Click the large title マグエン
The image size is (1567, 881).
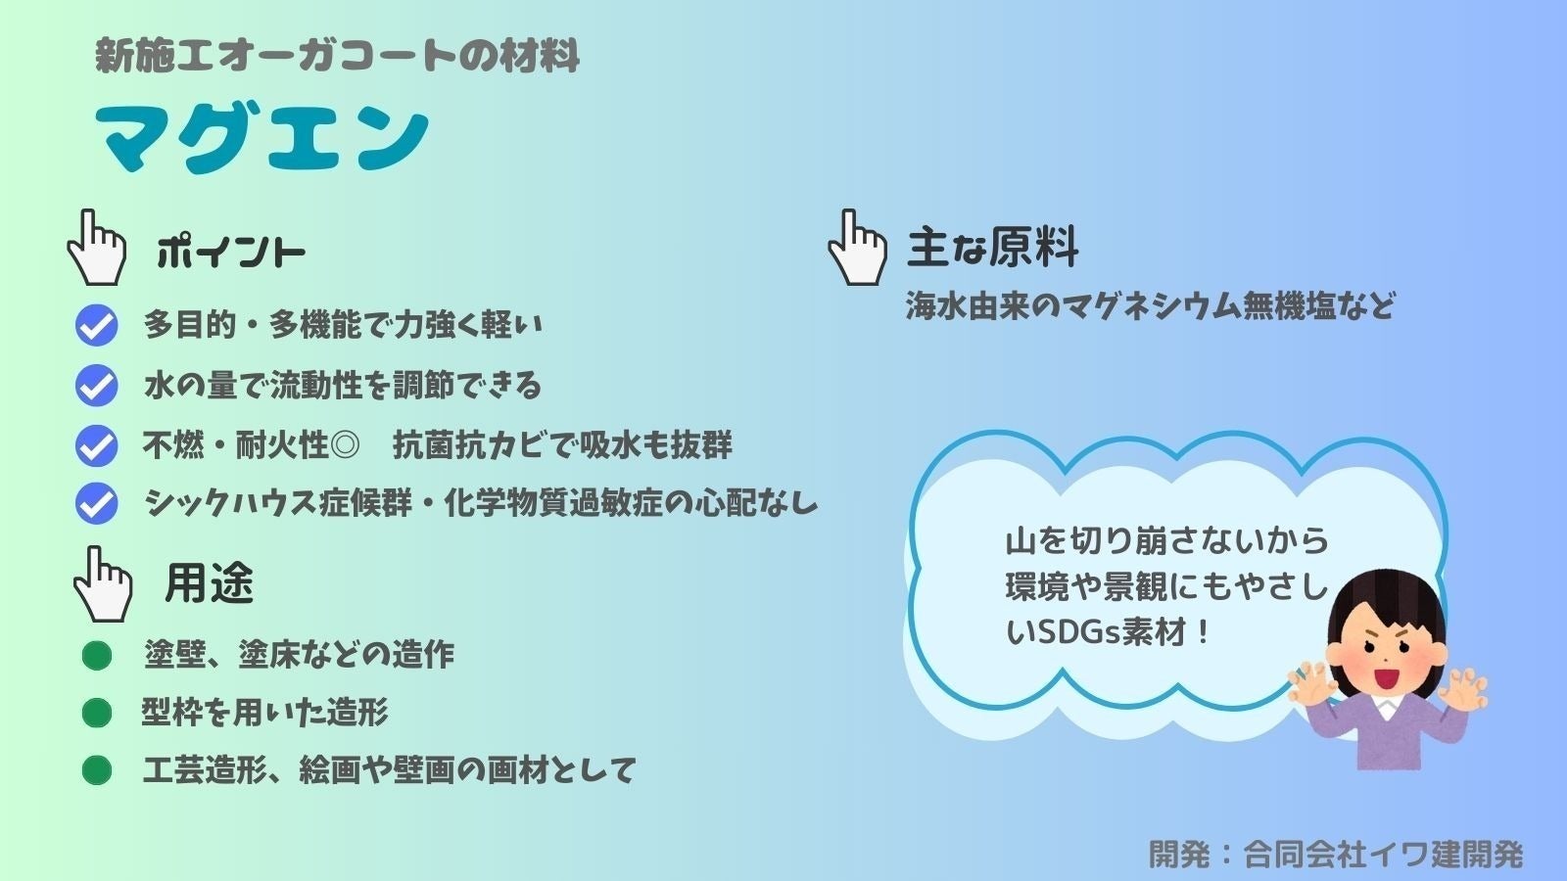point(262,138)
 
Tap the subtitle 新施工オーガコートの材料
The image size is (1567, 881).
point(338,56)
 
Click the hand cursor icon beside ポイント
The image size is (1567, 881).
point(96,249)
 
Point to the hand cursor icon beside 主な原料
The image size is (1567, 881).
point(857,249)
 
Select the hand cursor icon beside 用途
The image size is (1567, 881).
point(103,584)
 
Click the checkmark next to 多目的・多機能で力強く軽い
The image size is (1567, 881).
point(96,326)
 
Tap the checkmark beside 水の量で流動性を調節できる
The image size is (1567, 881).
point(96,386)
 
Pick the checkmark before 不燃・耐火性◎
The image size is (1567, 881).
point(96,445)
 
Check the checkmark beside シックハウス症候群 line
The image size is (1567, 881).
point(96,504)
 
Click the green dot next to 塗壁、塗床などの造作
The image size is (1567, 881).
point(96,655)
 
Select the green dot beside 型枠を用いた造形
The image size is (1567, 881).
point(96,713)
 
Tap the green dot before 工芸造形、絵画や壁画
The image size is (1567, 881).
point(96,770)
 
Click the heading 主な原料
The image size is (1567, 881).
point(992,247)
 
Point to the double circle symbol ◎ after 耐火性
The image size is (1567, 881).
point(345,446)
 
